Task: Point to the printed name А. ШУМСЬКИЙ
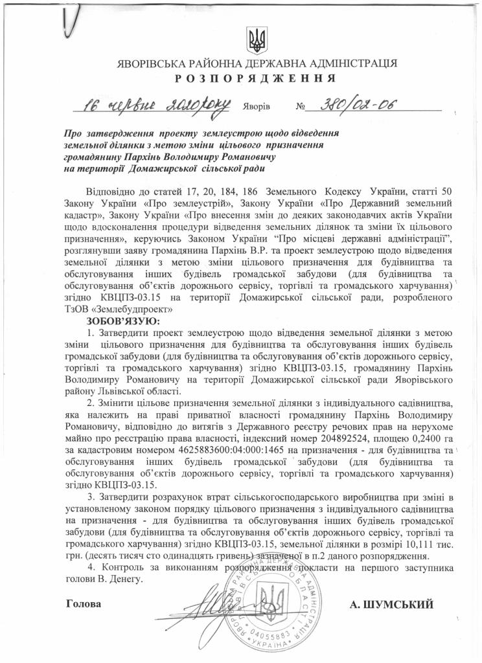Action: coord(391,605)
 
